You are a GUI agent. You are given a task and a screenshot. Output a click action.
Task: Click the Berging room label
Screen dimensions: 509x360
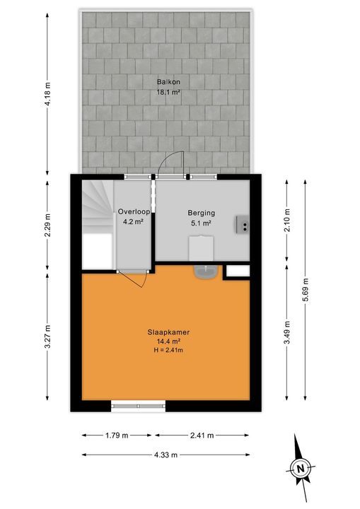point(201,213)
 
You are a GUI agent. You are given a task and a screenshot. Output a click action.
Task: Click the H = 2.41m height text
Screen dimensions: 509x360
point(168,349)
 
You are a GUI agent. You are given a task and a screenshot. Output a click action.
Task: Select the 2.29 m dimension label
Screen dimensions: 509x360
point(47,221)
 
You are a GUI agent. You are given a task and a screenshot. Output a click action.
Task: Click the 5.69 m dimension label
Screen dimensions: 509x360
point(306,289)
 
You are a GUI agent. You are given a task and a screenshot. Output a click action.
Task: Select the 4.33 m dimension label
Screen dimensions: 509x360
point(168,455)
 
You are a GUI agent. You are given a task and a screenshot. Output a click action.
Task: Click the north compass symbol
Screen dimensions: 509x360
point(301,466)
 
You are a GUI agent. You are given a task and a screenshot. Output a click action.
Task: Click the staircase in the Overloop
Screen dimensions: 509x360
point(98,205)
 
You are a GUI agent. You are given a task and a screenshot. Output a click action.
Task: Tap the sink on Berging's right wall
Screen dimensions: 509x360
point(244,224)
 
